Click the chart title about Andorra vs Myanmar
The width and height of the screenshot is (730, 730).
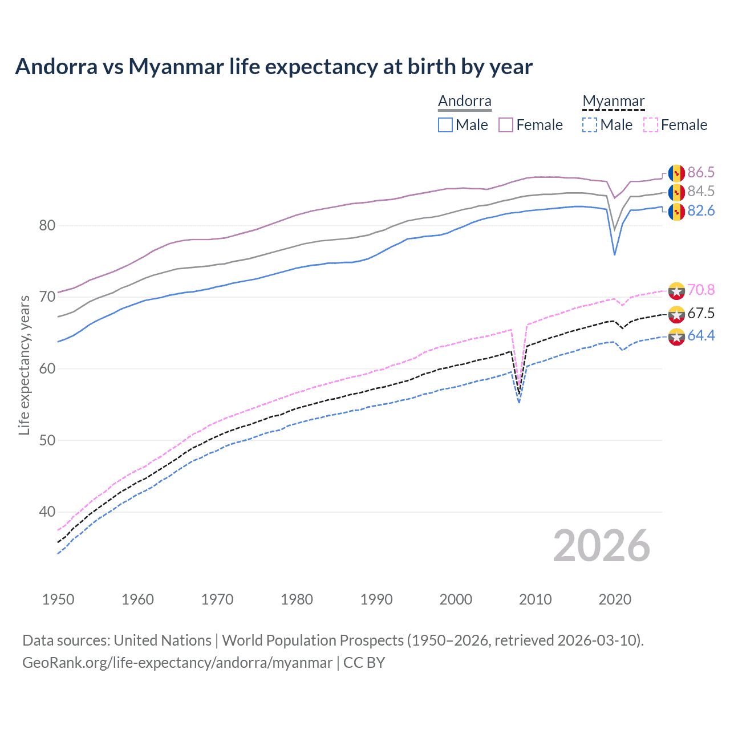[x=274, y=67]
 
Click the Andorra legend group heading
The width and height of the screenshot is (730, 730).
[x=464, y=101]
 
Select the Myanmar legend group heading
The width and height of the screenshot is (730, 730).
[x=613, y=101]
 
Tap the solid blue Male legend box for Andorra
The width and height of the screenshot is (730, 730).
[x=445, y=125]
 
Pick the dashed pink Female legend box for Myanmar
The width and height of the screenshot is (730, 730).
[x=651, y=125]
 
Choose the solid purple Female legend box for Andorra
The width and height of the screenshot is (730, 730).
[x=506, y=125]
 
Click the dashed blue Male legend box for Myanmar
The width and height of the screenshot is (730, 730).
[x=590, y=125]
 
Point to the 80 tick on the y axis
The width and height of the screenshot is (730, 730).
[x=47, y=225]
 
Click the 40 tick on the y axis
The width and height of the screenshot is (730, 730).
[x=47, y=512]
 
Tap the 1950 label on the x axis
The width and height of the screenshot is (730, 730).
[x=58, y=599]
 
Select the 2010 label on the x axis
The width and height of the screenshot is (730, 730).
[x=535, y=599]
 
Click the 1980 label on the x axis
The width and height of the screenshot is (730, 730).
[x=297, y=599]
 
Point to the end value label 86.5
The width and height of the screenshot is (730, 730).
[x=701, y=172]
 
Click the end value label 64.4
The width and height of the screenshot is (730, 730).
[x=701, y=336]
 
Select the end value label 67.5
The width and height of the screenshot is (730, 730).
[x=701, y=313]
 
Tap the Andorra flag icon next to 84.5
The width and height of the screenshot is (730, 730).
[x=676, y=192]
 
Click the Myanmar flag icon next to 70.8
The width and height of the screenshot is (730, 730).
[x=676, y=291]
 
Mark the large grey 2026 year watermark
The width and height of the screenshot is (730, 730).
[x=602, y=546]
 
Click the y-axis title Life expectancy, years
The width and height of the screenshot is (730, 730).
[x=25, y=365]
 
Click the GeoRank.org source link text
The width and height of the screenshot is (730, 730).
[x=177, y=663]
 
